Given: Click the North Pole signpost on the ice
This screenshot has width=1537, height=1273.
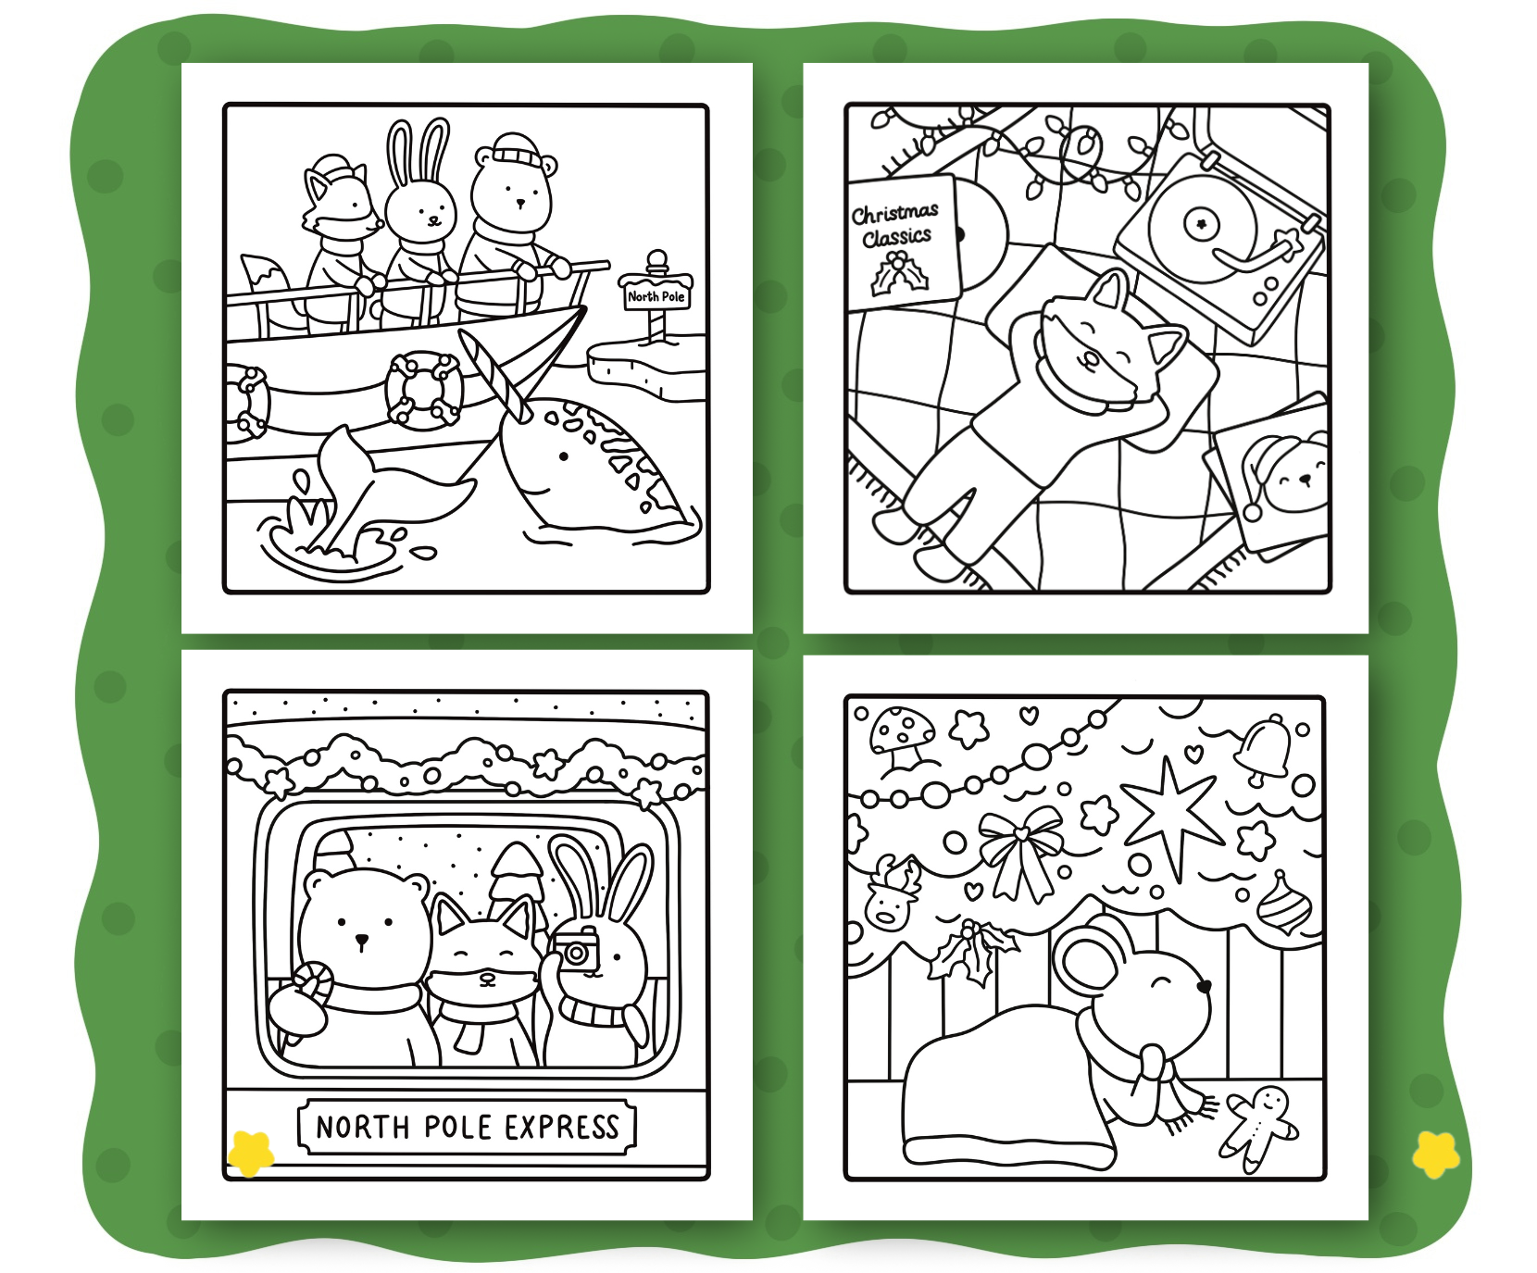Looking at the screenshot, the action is click(x=656, y=294).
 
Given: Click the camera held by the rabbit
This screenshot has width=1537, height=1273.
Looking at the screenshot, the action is click(x=576, y=951).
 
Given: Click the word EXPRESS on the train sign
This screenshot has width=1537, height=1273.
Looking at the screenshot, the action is click(x=561, y=1128).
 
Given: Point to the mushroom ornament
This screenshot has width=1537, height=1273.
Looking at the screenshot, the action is click(x=900, y=740).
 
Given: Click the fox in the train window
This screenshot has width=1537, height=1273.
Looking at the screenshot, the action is click(x=484, y=981).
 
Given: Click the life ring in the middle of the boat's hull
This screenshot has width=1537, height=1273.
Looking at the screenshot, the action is click(x=422, y=389).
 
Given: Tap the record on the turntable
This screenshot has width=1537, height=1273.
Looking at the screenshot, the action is click(x=1202, y=222).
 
